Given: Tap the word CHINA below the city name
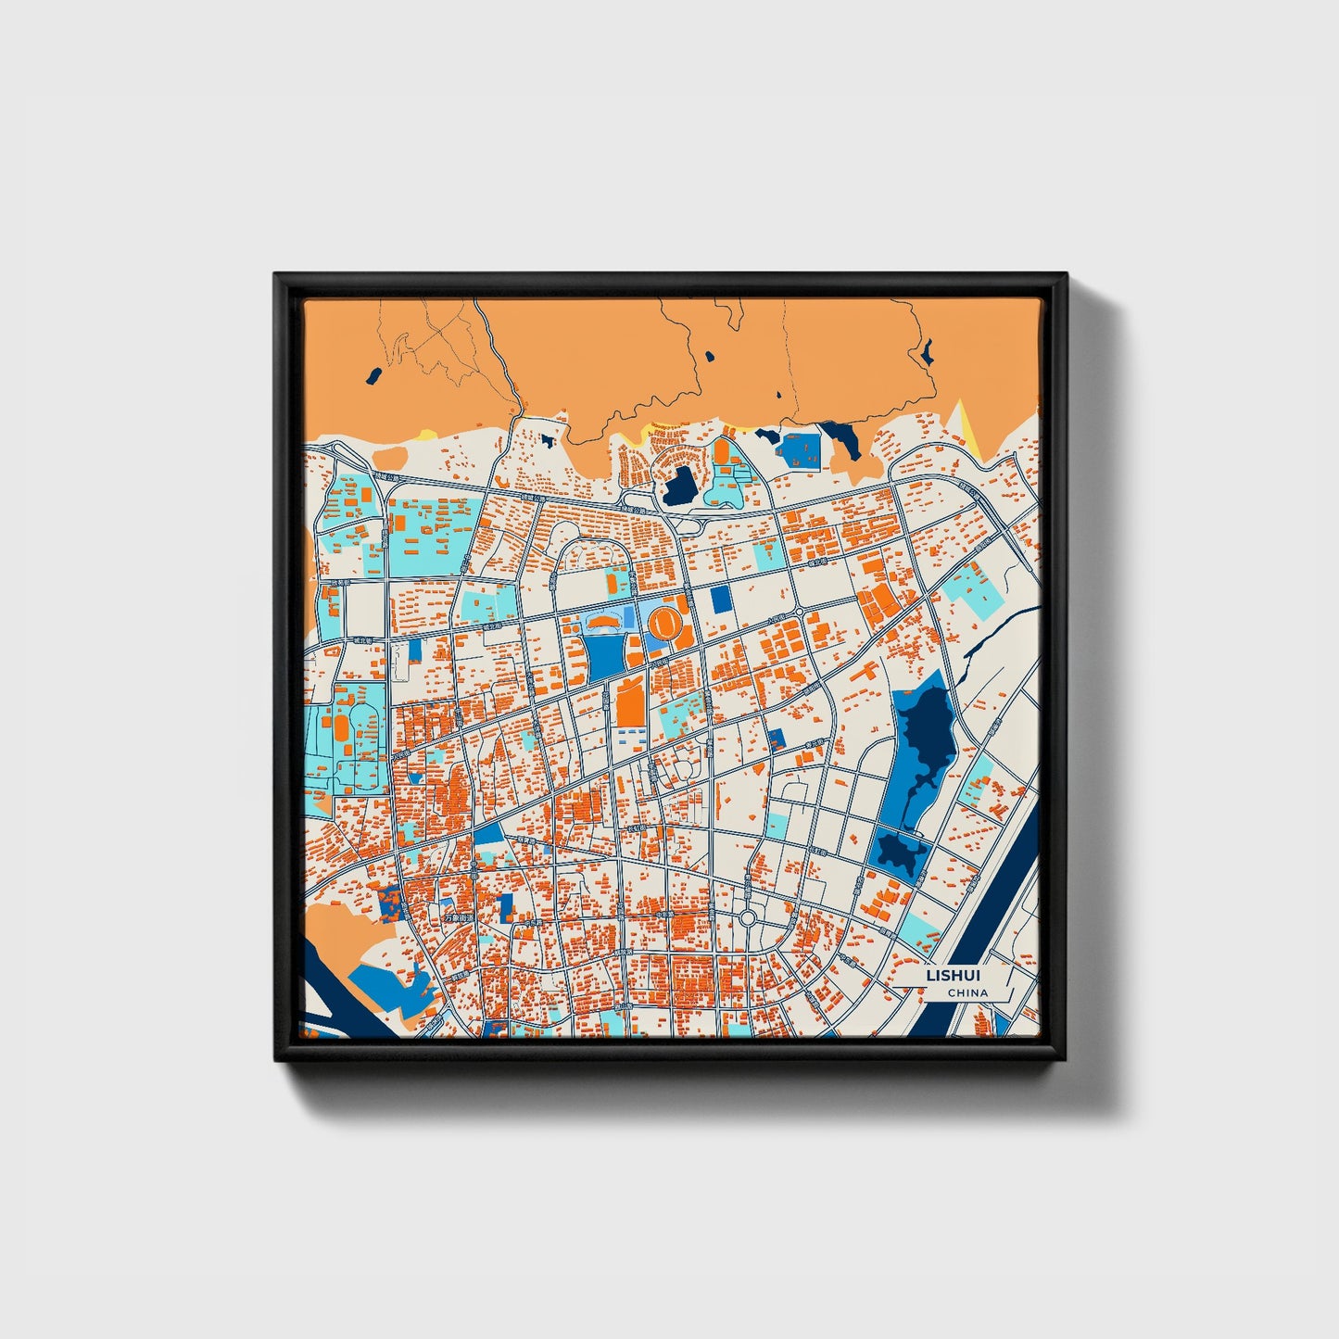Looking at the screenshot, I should point(966,993).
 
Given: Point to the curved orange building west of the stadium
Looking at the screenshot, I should point(603,620).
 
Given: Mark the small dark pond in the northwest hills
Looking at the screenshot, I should point(373,375).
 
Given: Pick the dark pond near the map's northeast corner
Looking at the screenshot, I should point(926,351).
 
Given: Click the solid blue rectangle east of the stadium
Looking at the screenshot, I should point(721,600).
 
